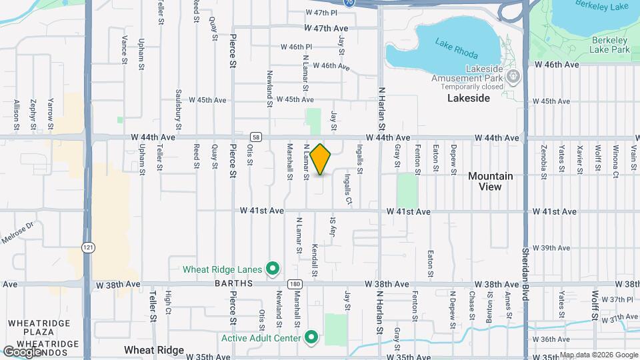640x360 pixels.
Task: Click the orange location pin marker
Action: pos(321,159)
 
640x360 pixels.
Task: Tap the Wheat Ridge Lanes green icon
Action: pos(272,269)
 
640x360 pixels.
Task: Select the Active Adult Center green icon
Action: pos(311,337)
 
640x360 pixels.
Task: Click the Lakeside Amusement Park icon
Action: pos(513,78)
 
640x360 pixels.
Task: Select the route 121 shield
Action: pos(87,247)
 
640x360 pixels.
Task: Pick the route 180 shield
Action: pos(295,283)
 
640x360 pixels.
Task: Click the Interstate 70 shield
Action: pos(349,3)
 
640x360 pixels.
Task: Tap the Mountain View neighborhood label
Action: pos(490,181)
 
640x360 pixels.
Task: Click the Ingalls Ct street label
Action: pos(348,189)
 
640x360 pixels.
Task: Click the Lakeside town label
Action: pos(469,98)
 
